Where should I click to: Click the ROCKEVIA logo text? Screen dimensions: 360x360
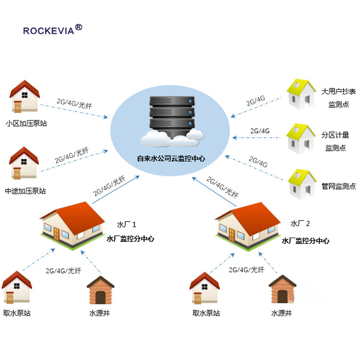[49, 31]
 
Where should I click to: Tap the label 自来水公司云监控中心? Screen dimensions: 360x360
[171, 157]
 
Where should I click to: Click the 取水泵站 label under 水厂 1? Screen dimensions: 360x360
[17, 313]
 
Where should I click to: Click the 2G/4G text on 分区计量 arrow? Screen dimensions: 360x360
[260, 131]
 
